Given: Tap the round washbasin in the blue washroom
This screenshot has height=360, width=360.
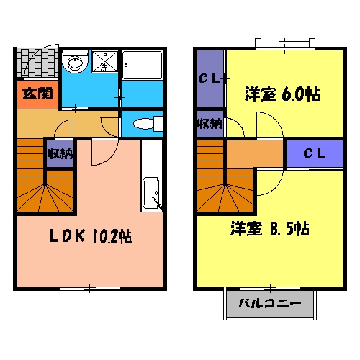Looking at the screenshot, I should coord(73,64).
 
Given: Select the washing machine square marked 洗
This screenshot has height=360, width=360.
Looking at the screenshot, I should coord(103,64).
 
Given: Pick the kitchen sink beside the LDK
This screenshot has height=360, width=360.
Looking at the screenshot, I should coord(152,192).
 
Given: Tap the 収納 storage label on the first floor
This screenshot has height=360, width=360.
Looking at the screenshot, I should coord(59,153).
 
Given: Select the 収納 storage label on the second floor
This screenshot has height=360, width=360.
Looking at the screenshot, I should coord(210,125).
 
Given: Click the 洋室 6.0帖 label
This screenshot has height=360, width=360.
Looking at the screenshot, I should coord(282,94).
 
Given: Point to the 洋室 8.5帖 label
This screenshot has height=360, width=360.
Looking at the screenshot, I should coord(271,230).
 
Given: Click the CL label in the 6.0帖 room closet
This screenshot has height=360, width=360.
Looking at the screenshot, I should coord(210,78).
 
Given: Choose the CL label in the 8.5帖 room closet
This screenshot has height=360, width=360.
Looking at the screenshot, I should coord(314,153).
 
